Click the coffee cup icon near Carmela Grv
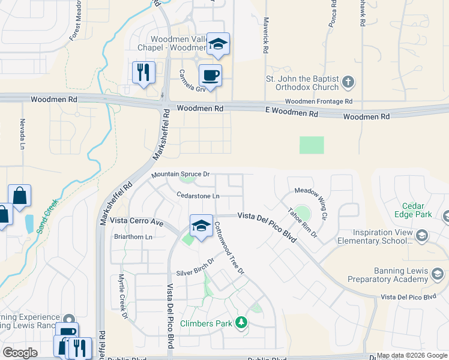(x=210, y=76)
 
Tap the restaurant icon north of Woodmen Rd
(x=143, y=72)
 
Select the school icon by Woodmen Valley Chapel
(x=218, y=43)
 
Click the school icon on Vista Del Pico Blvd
(x=201, y=226)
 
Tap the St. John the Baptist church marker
(x=348, y=81)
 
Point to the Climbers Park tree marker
(x=241, y=323)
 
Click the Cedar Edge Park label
(x=413, y=209)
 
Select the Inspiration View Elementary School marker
(x=421, y=236)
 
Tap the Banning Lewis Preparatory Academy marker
(x=438, y=274)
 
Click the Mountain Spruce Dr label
(x=180, y=174)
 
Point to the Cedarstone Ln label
(x=198, y=196)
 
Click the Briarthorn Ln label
(x=133, y=237)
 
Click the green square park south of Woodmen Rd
(x=312, y=145)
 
